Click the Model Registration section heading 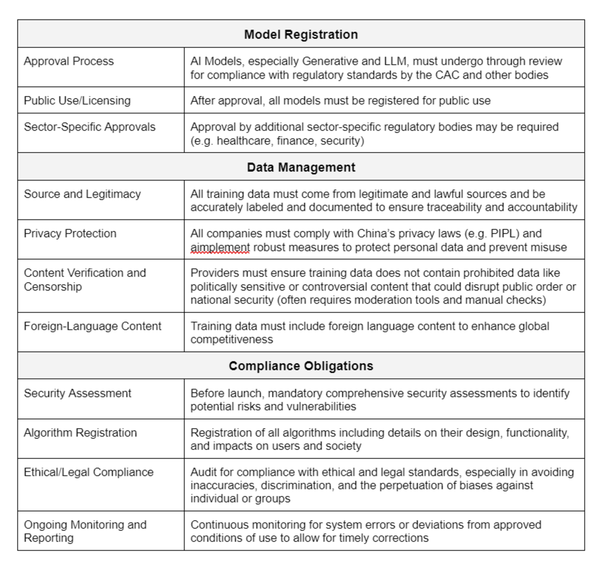pos(301,34)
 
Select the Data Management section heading pos(301,167)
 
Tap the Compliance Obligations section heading pos(301,366)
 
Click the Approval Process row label pos(69,61)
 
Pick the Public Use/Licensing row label pos(77,101)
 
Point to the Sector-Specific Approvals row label pos(89,127)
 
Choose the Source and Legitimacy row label pos(82,194)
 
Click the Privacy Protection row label pos(70,233)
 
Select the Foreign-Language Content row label pos(92,326)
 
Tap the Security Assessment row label pos(77,393)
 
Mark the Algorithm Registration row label pos(80,433)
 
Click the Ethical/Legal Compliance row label pos(89,472)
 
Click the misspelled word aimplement pos(220,247)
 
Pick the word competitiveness pos(232,340)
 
